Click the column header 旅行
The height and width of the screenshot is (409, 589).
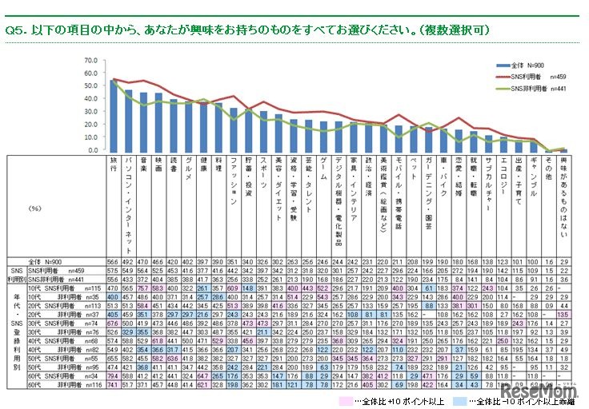[x=114, y=165]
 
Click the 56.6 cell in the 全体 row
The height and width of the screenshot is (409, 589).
[x=114, y=261]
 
